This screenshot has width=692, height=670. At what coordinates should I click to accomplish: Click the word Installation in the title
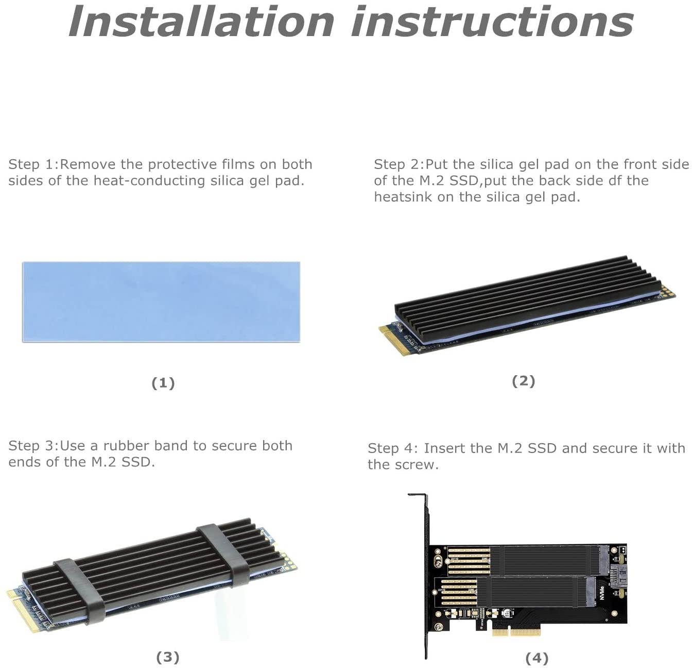[201, 22]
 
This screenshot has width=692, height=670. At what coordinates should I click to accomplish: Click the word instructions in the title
[492, 22]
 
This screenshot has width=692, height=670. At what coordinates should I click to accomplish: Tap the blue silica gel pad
[161, 301]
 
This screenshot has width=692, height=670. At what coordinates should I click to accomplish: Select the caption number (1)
[163, 383]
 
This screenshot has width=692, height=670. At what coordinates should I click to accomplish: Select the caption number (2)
[523, 381]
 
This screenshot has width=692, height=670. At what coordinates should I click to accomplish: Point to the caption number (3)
[167, 657]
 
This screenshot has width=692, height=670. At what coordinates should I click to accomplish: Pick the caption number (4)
[537, 658]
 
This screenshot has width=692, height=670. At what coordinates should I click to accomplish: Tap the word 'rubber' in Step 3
[126, 446]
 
